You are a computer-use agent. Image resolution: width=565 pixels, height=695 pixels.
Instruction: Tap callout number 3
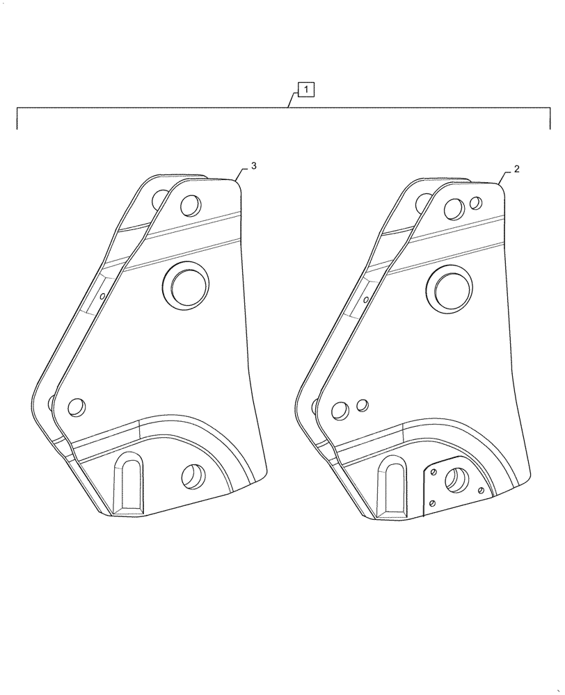click(x=254, y=166)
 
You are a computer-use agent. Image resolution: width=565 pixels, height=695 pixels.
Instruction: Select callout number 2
click(x=517, y=169)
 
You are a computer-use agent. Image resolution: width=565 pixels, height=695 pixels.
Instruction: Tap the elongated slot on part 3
click(x=127, y=482)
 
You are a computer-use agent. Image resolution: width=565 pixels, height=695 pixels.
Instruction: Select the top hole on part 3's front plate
click(x=190, y=206)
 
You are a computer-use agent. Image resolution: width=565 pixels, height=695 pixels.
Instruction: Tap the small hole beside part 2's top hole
click(x=476, y=203)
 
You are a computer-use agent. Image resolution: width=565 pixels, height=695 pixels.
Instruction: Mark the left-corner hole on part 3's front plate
click(x=77, y=407)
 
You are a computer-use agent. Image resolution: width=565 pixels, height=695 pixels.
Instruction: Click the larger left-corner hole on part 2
click(x=340, y=411)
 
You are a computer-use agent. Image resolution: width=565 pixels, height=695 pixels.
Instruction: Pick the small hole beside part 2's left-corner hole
click(x=362, y=404)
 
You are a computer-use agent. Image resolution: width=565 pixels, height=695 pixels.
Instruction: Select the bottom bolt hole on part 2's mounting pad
click(x=433, y=504)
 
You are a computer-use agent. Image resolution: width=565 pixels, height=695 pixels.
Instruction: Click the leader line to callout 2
click(x=507, y=177)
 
